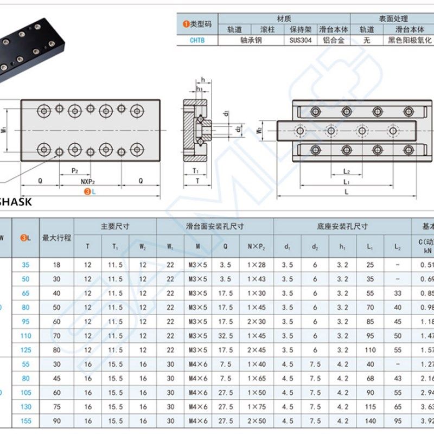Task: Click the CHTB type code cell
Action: click(x=197, y=40)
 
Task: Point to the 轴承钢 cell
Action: click(x=251, y=40)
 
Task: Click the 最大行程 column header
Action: click(x=56, y=237)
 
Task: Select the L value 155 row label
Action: click(x=25, y=420)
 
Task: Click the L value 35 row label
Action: click(x=25, y=265)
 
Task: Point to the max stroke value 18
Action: click(x=56, y=265)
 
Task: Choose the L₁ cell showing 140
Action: click(x=370, y=420)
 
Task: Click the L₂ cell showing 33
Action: click(x=398, y=293)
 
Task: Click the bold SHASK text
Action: click(x=15, y=202)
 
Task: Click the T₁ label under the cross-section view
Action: click(x=195, y=170)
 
